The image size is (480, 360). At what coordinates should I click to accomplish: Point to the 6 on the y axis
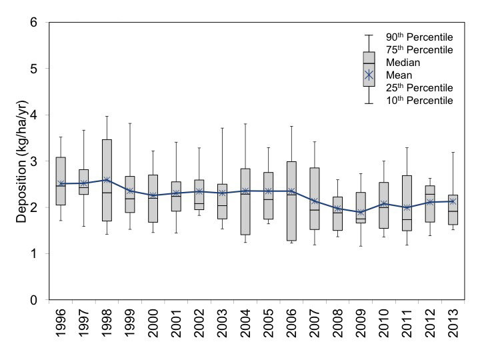click(33, 22)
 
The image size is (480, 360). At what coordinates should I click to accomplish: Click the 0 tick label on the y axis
click(33, 300)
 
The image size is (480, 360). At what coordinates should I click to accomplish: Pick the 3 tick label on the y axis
click(33, 161)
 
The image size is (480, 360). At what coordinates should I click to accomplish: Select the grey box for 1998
click(107, 180)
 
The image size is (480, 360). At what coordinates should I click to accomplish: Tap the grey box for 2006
click(291, 201)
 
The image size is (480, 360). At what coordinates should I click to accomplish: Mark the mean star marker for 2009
click(361, 213)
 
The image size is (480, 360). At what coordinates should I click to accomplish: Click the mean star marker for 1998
click(107, 180)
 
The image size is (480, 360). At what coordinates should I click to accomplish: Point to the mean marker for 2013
click(453, 201)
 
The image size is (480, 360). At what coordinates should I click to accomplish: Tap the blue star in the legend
click(369, 76)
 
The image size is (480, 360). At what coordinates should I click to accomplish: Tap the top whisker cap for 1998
click(107, 117)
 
